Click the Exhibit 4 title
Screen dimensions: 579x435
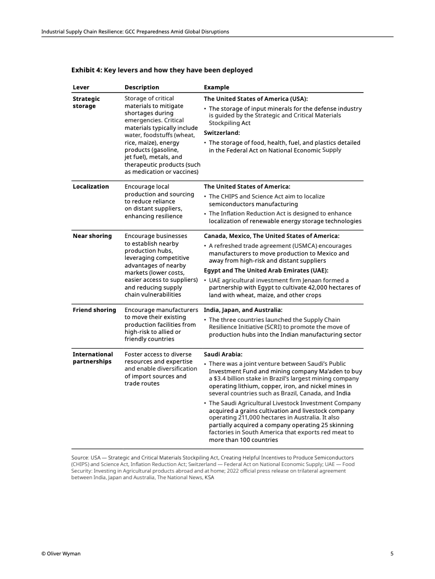pyautogui.click(x=162, y=70)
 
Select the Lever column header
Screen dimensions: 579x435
pyautogui.click(x=81, y=87)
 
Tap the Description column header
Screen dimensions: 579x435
pyautogui.click(x=142, y=87)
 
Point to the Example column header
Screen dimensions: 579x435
pyautogui.click(x=217, y=87)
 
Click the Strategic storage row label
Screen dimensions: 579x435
pyautogui.click(x=86, y=103)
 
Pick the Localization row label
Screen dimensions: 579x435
pyautogui.click(x=91, y=186)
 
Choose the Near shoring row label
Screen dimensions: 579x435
pyautogui.click(x=92, y=236)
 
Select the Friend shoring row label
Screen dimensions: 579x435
pyautogui.click(x=94, y=310)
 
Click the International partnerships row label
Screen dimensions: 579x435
pyautogui.click(x=93, y=358)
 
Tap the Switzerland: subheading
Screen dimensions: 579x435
pyautogui.click(x=222, y=133)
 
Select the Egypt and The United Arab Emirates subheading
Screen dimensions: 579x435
pyautogui.click(x=266, y=270)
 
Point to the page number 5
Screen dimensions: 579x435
pyautogui.click(x=392, y=554)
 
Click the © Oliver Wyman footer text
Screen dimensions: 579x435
pyautogui.click(x=61, y=554)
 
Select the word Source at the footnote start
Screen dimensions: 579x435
pyautogui.click(x=80, y=457)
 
